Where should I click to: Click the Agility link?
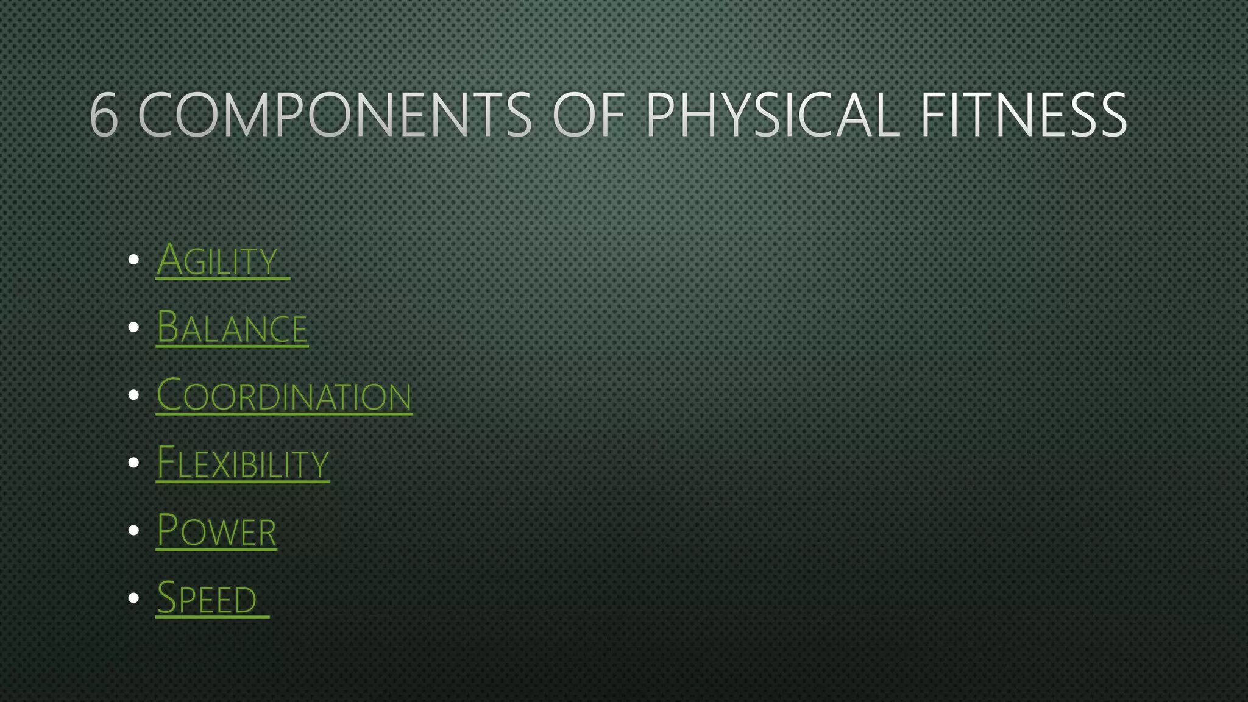point(218,261)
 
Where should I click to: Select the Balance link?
point(232,328)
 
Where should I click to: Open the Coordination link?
point(284,396)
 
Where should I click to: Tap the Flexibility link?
point(243,463)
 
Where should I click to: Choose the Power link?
point(216,531)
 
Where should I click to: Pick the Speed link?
point(207,598)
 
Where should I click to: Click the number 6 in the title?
point(104,115)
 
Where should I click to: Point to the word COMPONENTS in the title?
point(335,115)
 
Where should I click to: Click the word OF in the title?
point(589,115)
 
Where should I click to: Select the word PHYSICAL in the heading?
point(772,115)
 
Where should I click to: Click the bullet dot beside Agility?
point(134,260)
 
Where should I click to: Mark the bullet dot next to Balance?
point(134,328)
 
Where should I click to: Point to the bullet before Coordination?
point(134,395)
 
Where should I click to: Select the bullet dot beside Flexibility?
point(134,463)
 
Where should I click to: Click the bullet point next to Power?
point(134,530)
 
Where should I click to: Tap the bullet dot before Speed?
point(134,598)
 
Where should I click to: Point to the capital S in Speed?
point(167,597)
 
